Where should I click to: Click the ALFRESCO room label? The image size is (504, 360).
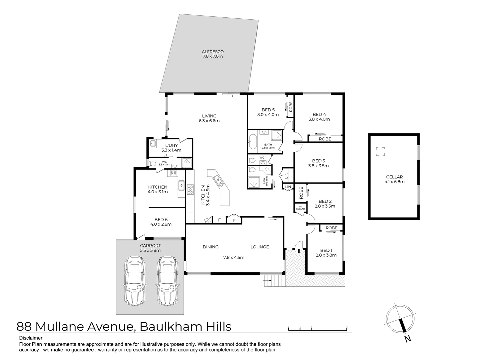point(212,52)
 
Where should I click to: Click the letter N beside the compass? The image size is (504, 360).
point(407,339)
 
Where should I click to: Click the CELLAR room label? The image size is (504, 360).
point(394,177)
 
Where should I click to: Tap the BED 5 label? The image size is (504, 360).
point(268,110)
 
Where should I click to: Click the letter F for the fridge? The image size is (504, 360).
point(219,220)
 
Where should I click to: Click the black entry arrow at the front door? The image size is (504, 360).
point(299,250)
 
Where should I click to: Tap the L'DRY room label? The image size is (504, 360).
point(171,145)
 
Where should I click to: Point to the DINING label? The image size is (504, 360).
point(211,247)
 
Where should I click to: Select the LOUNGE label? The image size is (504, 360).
point(259,247)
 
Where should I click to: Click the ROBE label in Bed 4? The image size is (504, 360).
point(325,139)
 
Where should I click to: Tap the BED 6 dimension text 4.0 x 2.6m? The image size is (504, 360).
point(161,224)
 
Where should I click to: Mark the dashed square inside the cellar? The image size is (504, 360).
point(380,152)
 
